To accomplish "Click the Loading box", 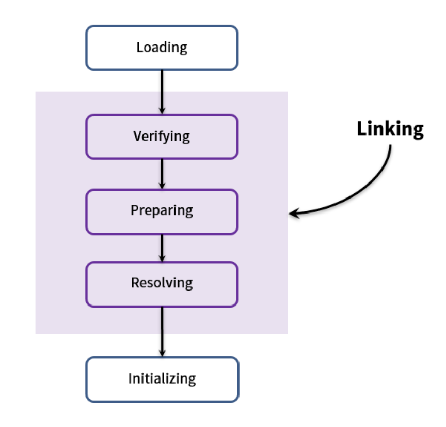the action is (x=162, y=48).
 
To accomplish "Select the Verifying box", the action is (x=162, y=136).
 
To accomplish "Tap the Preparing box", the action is (x=162, y=211).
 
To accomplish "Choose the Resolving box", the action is (x=162, y=284).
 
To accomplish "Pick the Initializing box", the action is (x=162, y=379).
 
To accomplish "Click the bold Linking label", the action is (x=390, y=130).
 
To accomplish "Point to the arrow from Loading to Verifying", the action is (x=162, y=92).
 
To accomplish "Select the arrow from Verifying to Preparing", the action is (x=162, y=174).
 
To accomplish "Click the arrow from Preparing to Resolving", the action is (x=162, y=248).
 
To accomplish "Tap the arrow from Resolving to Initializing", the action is (x=162, y=332).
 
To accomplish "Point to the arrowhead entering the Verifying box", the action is (x=162, y=111).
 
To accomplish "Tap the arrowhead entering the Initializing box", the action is (x=162, y=353).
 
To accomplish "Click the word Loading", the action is (x=162, y=48).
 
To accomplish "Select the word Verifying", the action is (x=162, y=136).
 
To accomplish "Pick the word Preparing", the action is (x=162, y=211).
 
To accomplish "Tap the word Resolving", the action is (x=162, y=283).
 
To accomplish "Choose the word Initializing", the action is (x=162, y=379).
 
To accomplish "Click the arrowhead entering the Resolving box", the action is (x=162, y=258).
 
